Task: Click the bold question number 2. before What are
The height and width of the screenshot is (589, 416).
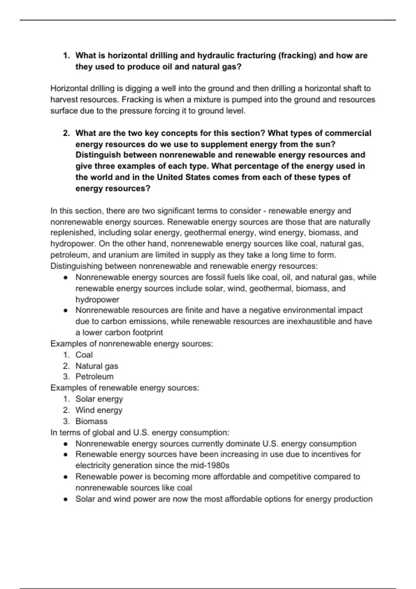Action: [x=67, y=133]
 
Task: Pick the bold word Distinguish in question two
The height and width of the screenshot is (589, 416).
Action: [x=98, y=155]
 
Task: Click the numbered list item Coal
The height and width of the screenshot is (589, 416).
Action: [x=84, y=355]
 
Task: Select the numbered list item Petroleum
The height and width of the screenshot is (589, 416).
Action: [x=94, y=377]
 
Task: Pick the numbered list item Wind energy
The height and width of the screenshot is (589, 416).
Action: [x=99, y=410]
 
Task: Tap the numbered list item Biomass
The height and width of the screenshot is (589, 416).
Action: [x=92, y=421]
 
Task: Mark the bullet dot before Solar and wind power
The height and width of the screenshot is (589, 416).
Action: [x=65, y=499]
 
